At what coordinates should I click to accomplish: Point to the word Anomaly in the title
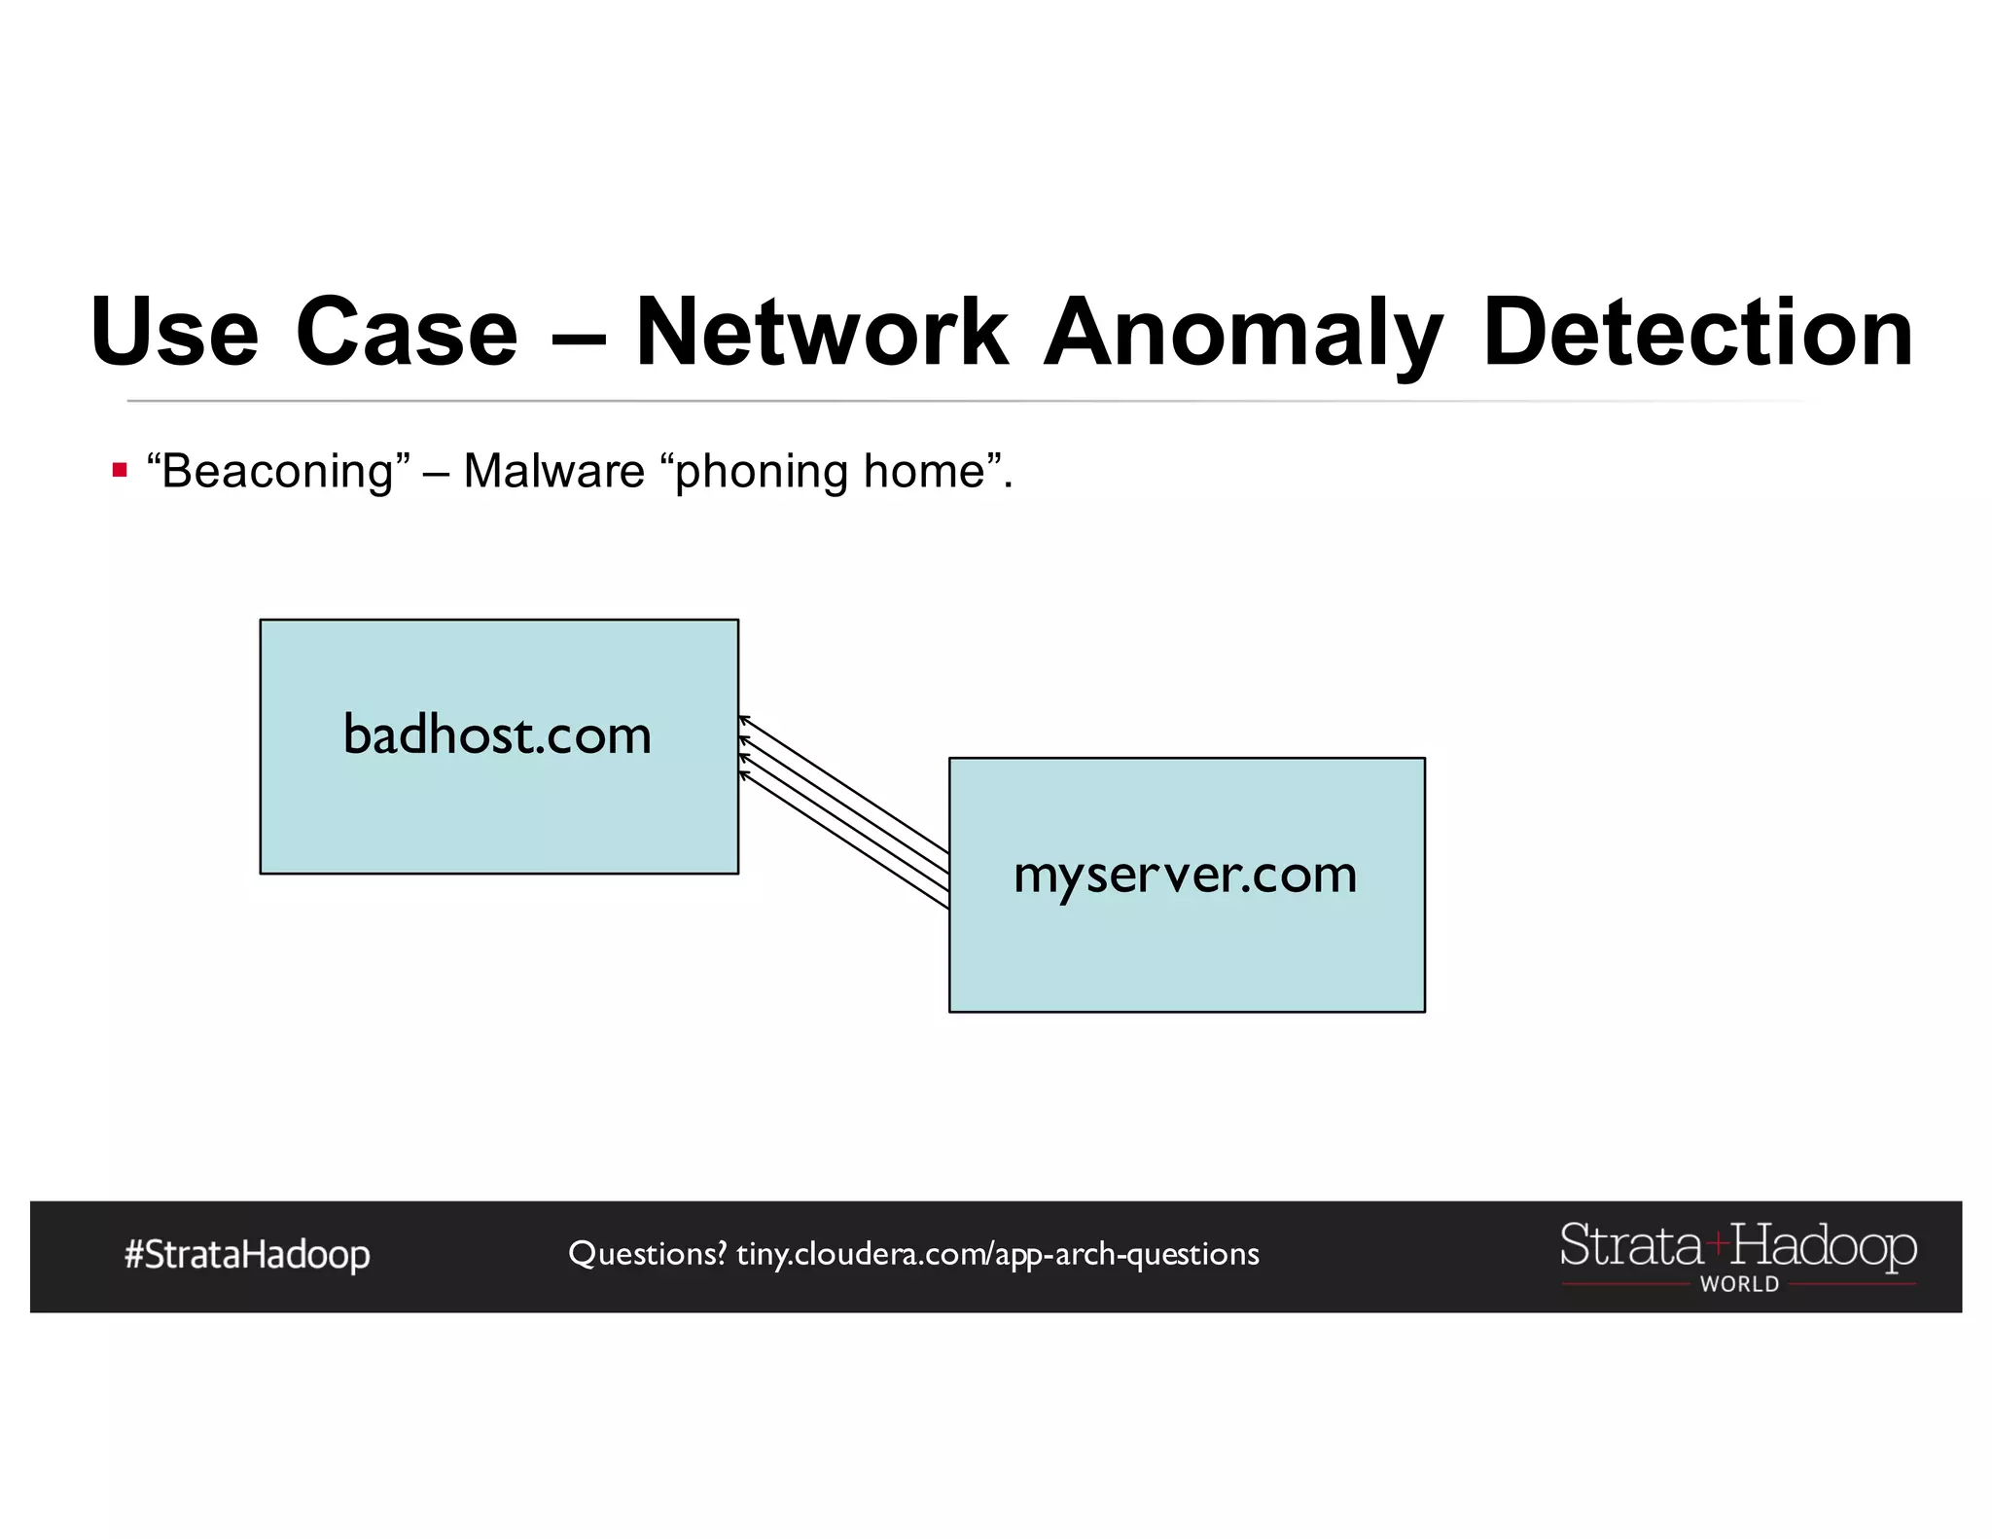coord(1242,334)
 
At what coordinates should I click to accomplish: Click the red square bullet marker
coord(120,471)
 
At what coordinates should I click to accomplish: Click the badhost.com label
coord(497,734)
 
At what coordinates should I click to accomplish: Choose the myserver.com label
coord(1185,874)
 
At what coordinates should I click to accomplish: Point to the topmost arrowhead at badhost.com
coord(742,719)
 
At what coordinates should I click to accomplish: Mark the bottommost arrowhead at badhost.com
coord(742,774)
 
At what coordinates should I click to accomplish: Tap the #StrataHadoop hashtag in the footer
coord(247,1254)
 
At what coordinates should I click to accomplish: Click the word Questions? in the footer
coord(647,1253)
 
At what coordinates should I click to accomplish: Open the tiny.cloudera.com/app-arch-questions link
coord(997,1254)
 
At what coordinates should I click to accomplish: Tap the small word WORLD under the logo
coord(1739,1284)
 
